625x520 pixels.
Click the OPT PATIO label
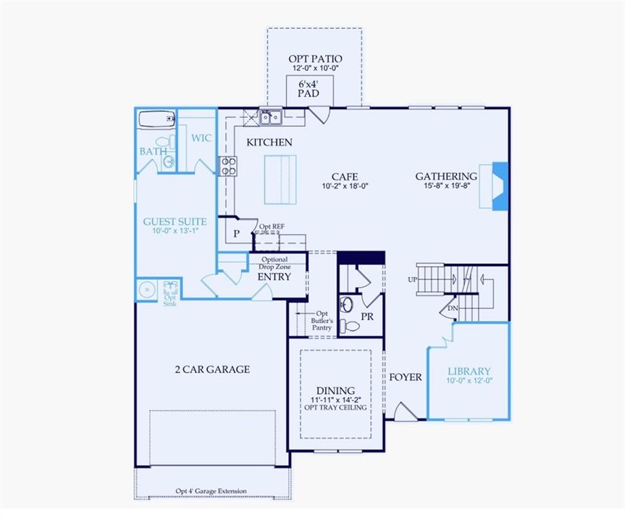click(315, 59)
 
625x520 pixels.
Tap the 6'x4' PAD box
click(309, 89)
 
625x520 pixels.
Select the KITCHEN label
click(269, 142)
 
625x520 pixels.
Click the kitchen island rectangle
click(280, 179)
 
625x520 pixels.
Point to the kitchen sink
click(272, 118)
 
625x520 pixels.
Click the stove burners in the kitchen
click(228, 166)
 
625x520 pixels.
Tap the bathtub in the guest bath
click(156, 120)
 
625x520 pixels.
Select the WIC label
click(201, 138)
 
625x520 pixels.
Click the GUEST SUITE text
click(175, 221)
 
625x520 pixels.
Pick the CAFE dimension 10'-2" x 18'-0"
click(345, 186)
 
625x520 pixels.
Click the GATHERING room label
click(446, 176)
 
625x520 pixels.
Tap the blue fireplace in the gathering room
click(498, 186)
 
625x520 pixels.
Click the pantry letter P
click(236, 233)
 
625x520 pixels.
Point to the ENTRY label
click(274, 277)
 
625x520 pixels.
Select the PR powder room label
click(368, 316)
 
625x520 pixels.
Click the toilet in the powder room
click(350, 325)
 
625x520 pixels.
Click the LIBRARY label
click(469, 371)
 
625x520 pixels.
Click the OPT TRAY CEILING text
click(336, 407)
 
